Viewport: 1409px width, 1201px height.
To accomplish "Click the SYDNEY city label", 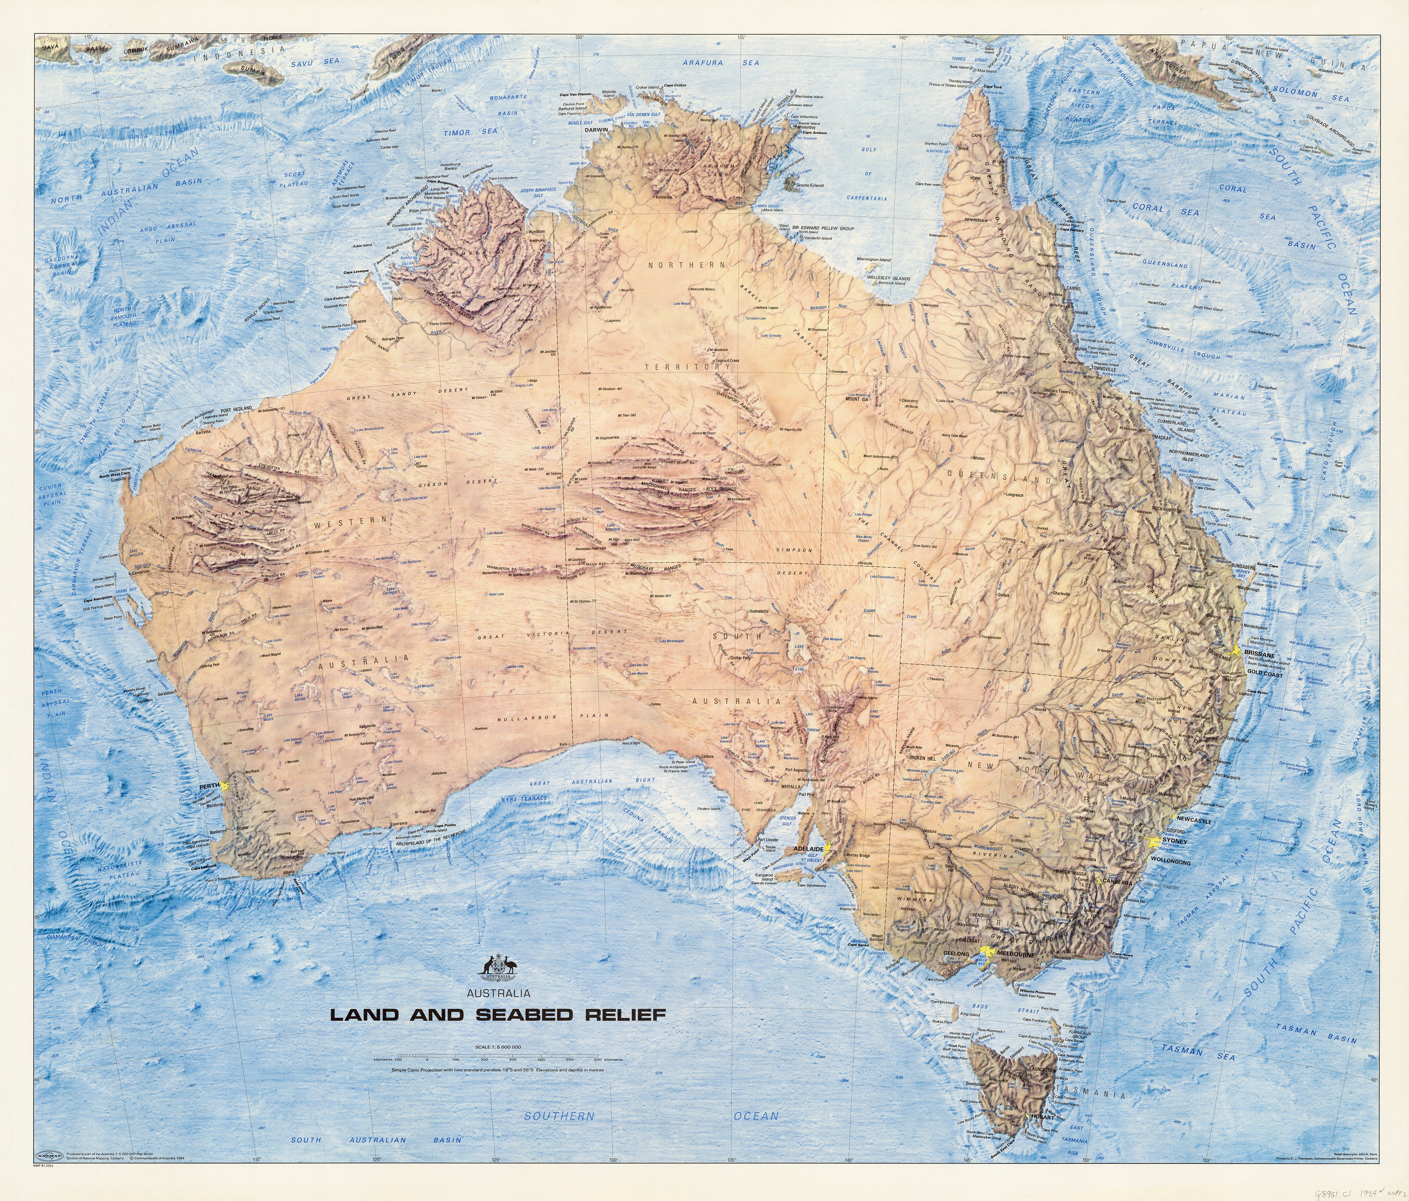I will tap(1174, 841).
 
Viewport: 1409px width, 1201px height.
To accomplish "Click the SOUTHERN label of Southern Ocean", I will tap(559, 1116).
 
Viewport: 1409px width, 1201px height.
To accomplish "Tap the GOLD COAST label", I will tap(1265, 675).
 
